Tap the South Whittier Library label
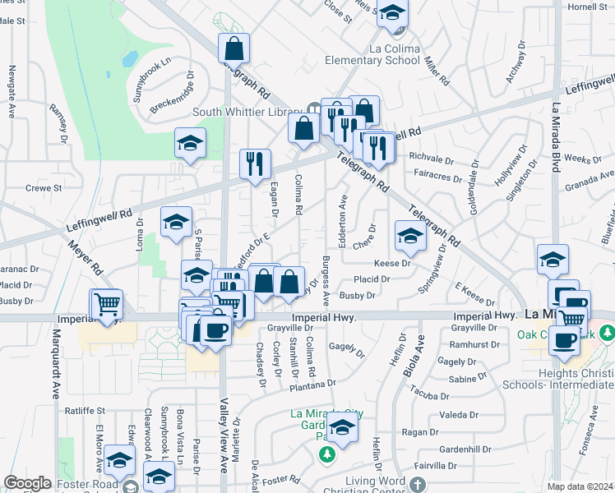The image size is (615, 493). [x=248, y=112]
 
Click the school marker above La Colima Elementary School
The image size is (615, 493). [x=393, y=15]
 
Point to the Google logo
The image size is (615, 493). [x=27, y=483]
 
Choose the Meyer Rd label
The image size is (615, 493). [x=86, y=257]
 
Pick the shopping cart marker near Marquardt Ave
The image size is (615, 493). [x=107, y=305]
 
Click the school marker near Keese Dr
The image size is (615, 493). [x=409, y=237]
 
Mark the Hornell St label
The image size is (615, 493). [x=587, y=7]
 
